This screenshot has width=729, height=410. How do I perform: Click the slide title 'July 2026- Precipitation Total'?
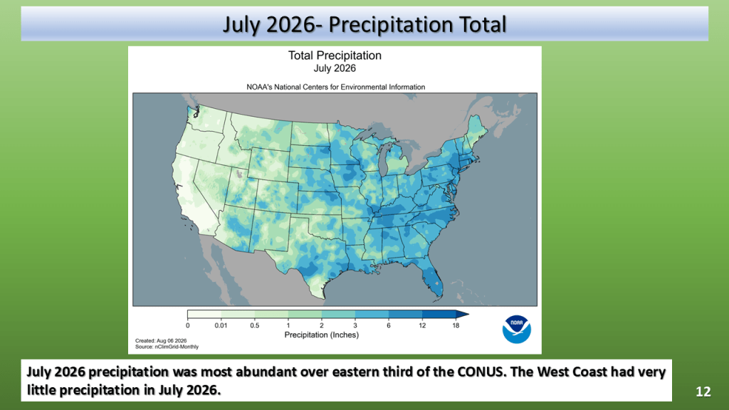(364, 25)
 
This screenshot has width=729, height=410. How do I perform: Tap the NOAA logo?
(517, 330)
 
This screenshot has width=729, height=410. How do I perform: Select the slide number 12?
(703, 392)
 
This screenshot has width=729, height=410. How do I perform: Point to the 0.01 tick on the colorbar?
(221, 325)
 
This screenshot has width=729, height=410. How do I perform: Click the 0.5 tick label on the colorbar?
(255, 325)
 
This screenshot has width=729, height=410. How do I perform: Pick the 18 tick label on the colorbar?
(456, 325)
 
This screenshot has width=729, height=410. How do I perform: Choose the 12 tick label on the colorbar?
(422, 325)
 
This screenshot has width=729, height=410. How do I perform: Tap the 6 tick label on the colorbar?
(389, 325)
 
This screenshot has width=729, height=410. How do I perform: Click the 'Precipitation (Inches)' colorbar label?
(322, 335)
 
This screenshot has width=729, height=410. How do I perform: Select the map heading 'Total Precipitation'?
(335, 56)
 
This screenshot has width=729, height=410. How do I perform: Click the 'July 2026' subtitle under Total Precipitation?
(335, 68)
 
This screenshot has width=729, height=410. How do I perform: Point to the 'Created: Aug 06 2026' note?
(161, 341)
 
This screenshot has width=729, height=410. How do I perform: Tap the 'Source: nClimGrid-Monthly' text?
(167, 347)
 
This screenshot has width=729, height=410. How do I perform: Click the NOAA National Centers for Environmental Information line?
(336, 87)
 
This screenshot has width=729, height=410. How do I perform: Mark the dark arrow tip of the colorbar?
(469, 314)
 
